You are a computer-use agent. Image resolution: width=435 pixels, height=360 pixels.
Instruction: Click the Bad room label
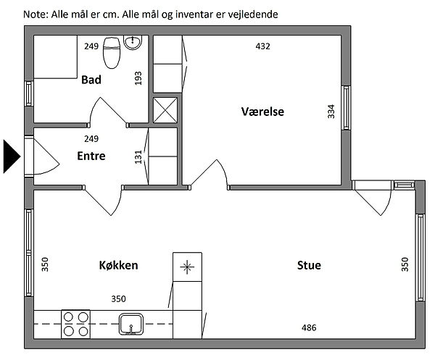click(x=91, y=80)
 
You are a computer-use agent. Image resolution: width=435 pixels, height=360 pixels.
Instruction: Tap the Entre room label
click(x=91, y=156)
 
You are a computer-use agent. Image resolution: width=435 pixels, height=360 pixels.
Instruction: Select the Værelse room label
click(x=262, y=112)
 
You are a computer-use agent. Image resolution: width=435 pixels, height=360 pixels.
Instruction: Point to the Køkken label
click(x=118, y=265)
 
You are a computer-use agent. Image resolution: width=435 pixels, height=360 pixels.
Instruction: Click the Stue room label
click(x=309, y=265)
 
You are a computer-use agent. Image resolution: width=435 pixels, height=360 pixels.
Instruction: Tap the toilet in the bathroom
click(x=112, y=53)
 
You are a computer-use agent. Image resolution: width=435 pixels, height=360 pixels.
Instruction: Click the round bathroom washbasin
click(x=133, y=43)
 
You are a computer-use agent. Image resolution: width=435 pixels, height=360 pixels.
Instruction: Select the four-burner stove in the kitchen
click(x=75, y=324)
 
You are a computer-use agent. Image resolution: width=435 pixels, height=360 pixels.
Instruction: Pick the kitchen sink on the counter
click(x=131, y=324)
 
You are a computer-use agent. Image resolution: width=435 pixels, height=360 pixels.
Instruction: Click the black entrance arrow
click(x=12, y=156)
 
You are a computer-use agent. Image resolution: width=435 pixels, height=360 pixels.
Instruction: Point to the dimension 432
click(x=262, y=46)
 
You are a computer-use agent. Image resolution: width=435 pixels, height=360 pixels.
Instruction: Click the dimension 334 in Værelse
click(x=331, y=112)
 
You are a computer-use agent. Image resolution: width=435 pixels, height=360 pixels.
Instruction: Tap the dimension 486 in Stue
click(x=309, y=328)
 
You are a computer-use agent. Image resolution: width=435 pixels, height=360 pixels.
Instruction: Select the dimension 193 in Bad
click(x=138, y=78)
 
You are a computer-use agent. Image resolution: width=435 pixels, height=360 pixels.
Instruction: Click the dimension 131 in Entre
click(x=138, y=157)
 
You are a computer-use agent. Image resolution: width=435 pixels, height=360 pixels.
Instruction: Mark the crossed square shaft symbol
click(x=165, y=110)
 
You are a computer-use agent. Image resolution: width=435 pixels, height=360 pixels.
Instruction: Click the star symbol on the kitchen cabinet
click(x=187, y=267)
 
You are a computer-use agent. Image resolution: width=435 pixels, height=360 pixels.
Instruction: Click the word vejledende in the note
click(x=253, y=14)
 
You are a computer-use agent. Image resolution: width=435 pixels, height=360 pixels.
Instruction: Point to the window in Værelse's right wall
click(x=346, y=107)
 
